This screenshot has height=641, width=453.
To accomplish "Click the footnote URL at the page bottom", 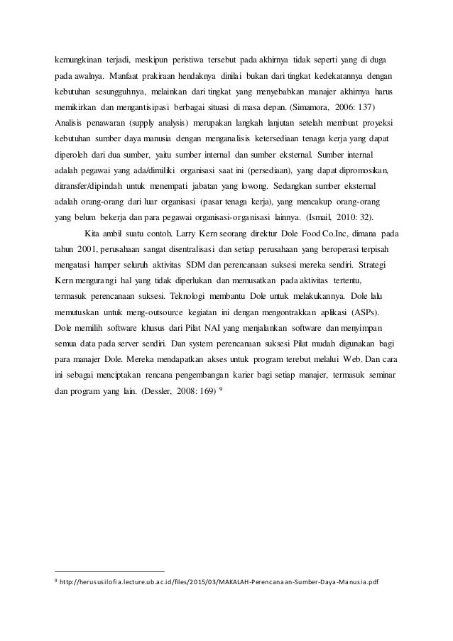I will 221,584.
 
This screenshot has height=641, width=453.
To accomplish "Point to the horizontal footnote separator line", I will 109,571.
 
